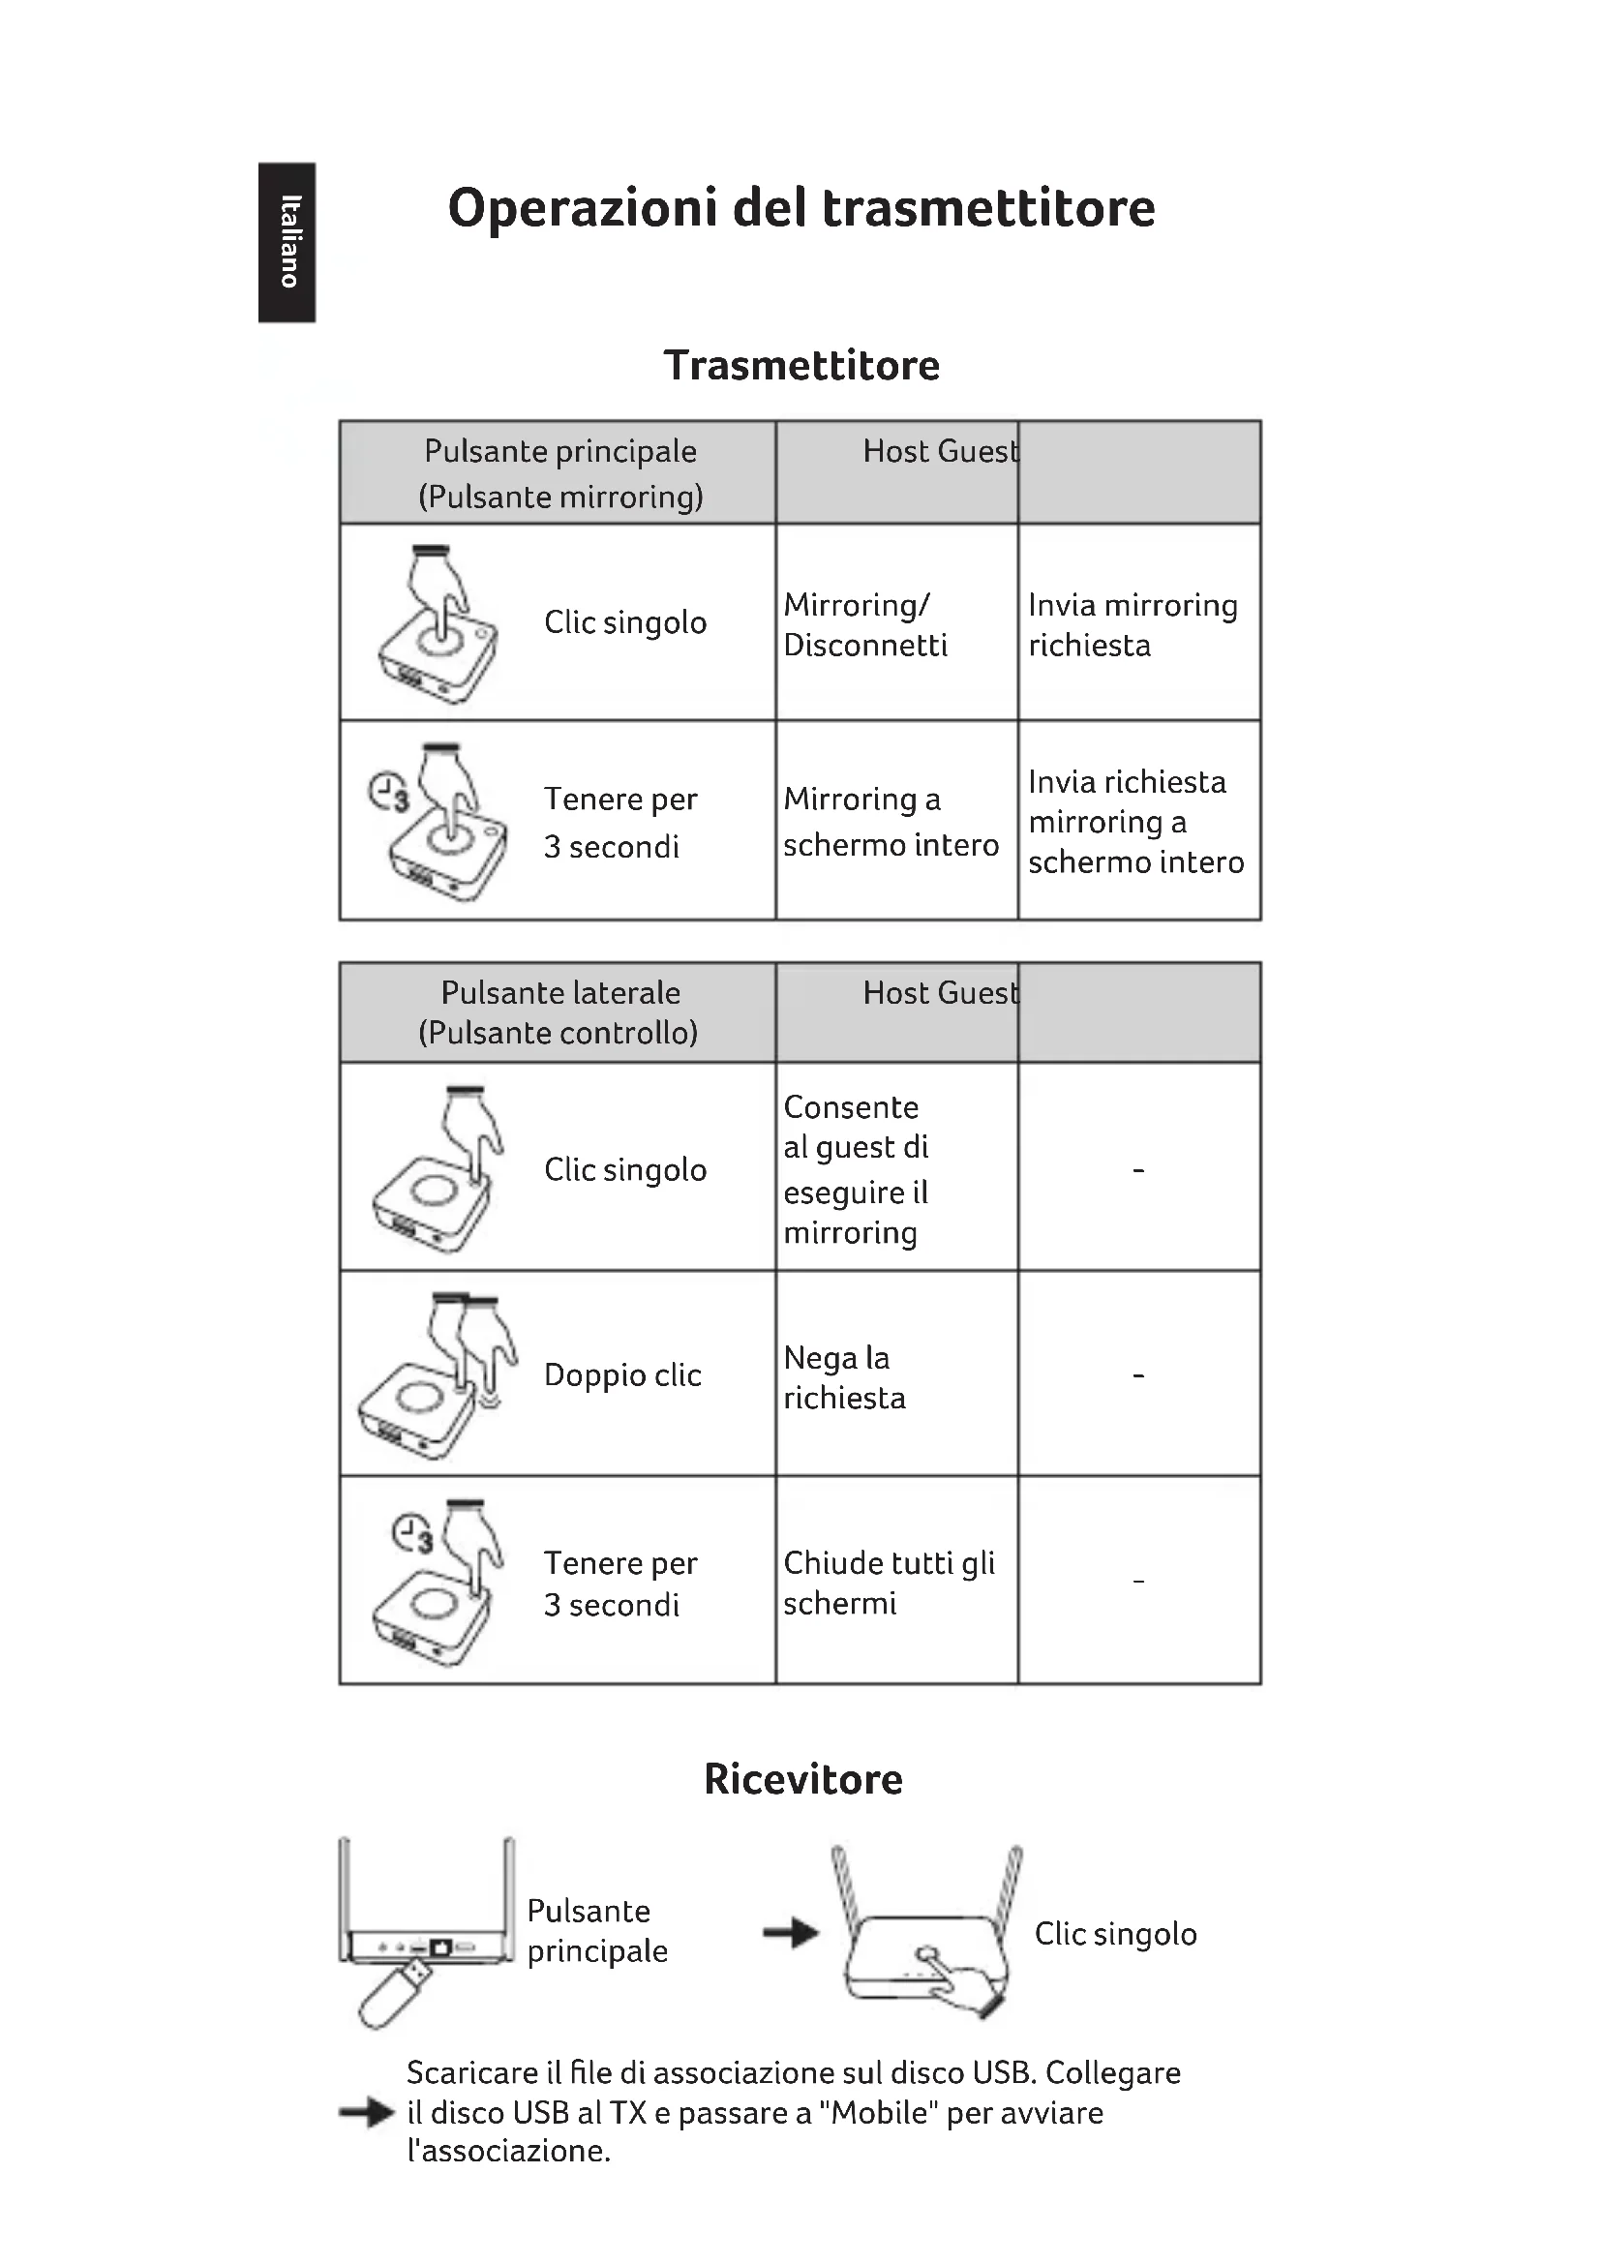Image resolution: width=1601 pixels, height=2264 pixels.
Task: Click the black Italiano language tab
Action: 286,243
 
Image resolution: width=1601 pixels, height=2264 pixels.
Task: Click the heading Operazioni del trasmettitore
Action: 800,208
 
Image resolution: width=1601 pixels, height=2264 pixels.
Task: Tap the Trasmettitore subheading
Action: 801,366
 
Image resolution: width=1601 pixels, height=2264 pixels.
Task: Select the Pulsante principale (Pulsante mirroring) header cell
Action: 559,473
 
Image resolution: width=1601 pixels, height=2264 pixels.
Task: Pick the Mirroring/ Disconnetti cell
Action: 864,624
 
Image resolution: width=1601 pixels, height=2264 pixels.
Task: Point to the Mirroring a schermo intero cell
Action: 891,822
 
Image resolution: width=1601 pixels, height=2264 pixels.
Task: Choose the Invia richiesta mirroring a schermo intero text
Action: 1134,822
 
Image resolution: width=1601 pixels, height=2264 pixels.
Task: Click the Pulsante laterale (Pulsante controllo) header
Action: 559,1011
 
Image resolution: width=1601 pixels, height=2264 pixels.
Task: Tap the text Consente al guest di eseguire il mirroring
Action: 856,1168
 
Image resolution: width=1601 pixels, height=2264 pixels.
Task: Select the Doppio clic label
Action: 622,1374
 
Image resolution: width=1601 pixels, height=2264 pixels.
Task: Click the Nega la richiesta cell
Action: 844,1377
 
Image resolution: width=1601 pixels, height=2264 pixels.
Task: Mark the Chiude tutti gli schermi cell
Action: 889,1583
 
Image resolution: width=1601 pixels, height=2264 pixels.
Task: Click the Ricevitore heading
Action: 802,1779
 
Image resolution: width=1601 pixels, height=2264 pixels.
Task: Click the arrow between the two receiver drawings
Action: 791,1933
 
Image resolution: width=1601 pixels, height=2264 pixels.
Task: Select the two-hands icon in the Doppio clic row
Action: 438,1375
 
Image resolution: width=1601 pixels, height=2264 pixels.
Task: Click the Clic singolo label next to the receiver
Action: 1115,1934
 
